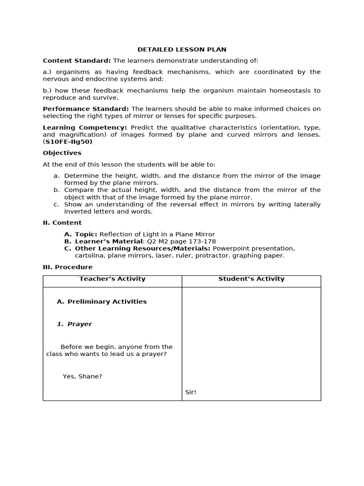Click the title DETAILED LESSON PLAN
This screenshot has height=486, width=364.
tap(182, 49)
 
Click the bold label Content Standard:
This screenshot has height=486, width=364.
tap(77, 61)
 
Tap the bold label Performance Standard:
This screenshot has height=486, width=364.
tap(86, 109)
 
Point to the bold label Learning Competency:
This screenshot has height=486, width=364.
tap(85, 127)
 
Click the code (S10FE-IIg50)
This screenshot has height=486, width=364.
tap(68, 141)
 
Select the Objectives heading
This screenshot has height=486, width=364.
tap(62, 153)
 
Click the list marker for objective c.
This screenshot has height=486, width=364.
tap(56, 204)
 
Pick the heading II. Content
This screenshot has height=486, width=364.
tap(62, 223)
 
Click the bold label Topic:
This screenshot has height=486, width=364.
tap(86, 234)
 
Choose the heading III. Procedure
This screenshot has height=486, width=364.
tap(68, 267)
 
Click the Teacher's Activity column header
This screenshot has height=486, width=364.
tap(112, 279)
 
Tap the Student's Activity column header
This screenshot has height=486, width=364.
tap(251, 279)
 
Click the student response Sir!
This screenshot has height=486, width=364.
tap(191, 392)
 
